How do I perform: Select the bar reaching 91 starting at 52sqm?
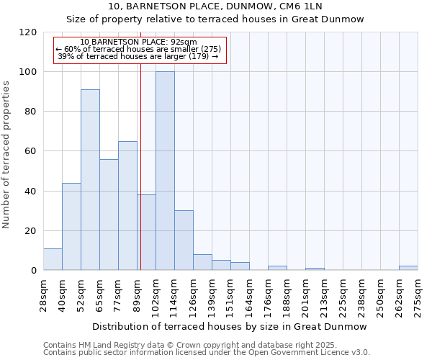90,179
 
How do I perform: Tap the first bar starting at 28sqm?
53,259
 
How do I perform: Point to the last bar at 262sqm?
408,268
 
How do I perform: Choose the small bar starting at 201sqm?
315,269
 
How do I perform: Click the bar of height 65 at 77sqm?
127,205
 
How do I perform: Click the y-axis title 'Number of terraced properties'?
6,155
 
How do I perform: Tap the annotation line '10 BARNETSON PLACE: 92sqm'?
138,42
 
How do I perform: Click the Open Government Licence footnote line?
207,353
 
